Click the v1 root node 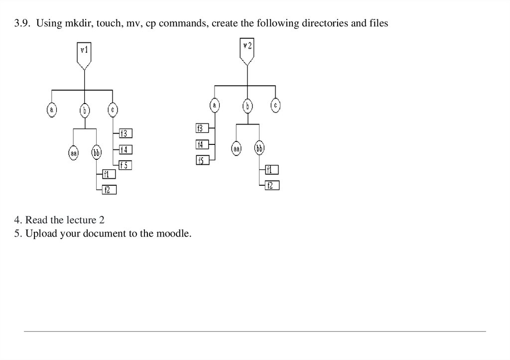84,53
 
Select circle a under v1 52,110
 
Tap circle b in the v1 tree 85,110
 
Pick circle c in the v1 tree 113,110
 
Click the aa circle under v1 74,153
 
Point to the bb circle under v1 96,153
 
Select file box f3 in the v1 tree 126,133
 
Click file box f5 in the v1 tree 126,165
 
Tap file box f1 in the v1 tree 109,174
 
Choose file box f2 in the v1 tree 109,189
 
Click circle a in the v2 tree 215,105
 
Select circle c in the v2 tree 276,105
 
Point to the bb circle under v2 259,148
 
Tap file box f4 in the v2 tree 201,145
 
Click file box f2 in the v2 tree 271,186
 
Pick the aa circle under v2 237,148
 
